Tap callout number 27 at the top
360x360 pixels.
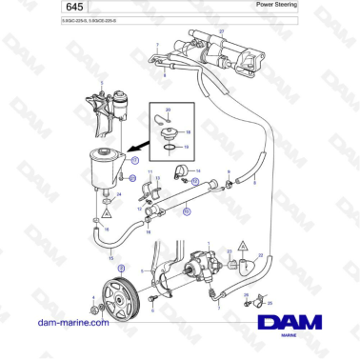(221, 32)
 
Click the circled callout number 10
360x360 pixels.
(187, 211)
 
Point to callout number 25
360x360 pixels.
(270, 304)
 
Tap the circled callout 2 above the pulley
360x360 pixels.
(121, 270)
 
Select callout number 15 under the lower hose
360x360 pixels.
(111, 258)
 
